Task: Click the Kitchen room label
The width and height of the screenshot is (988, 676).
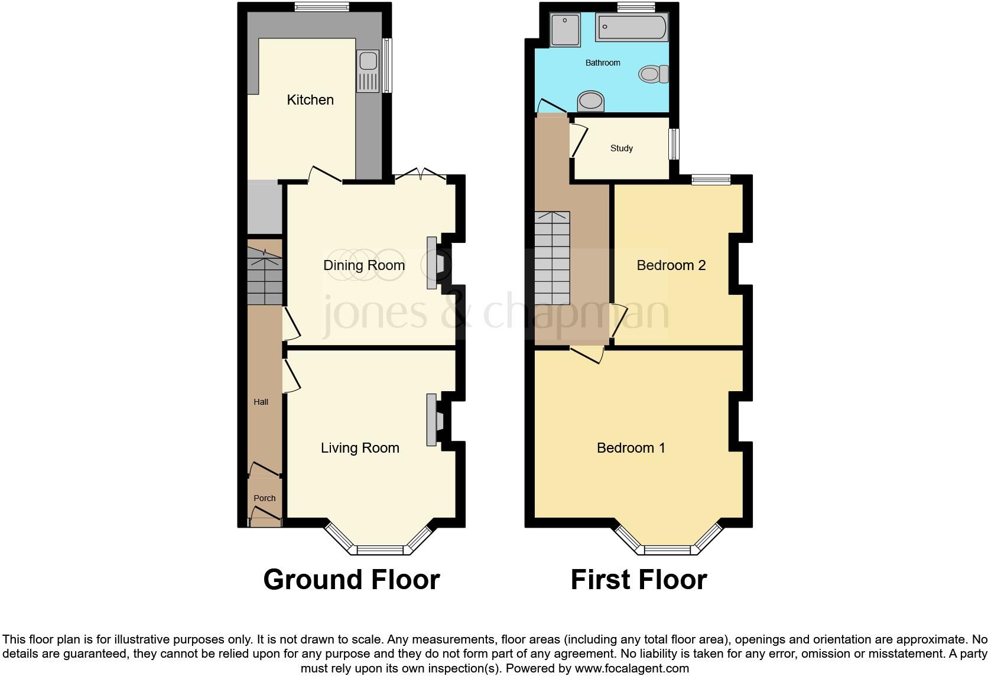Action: click(x=310, y=100)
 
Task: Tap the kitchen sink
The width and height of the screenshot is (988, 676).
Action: click(x=368, y=61)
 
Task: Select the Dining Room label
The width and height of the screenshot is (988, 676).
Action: click(x=364, y=265)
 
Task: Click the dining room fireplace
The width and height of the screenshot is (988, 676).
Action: click(x=435, y=263)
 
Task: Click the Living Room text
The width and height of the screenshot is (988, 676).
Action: click(x=360, y=448)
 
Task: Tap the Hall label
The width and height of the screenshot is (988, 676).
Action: click(x=261, y=402)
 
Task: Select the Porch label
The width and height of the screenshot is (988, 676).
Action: click(x=265, y=498)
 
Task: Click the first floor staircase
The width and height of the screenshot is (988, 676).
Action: click(x=552, y=258)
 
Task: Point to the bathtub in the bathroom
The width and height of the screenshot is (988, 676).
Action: click(x=632, y=27)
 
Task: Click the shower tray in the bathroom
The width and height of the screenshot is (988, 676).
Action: click(x=565, y=30)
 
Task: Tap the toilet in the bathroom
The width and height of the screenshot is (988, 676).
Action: click(x=653, y=74)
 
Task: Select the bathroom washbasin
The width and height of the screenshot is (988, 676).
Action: click(x=591, y=101)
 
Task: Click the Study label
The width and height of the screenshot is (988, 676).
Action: click(x=622, y=148)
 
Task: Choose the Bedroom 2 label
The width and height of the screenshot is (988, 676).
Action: click(x=671, y=265)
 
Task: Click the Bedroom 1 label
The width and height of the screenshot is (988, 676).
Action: click(x=631, y=448)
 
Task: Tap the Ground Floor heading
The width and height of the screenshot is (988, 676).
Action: click(x=352, y=580)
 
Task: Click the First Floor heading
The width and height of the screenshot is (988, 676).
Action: click(x=639, y=580)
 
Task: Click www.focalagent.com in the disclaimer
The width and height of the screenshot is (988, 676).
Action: click(x=632, y=668)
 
